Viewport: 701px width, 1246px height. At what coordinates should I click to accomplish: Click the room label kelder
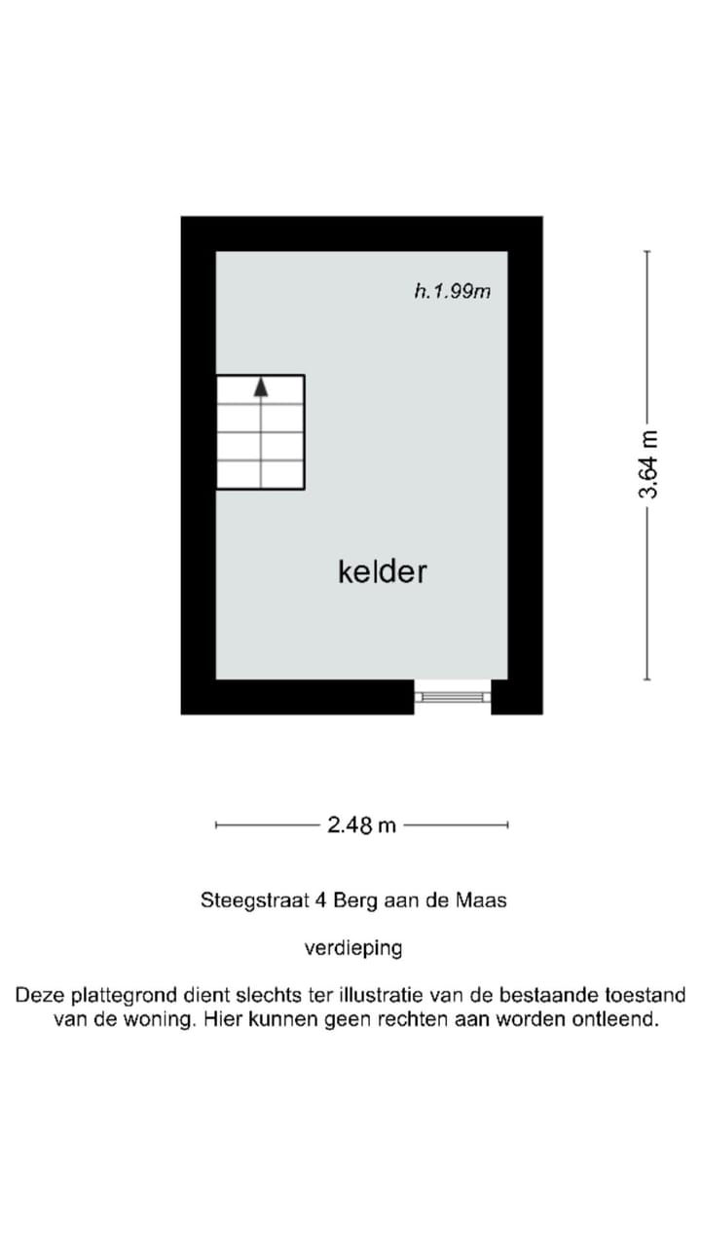382,571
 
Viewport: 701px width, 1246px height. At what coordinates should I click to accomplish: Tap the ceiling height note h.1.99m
452,290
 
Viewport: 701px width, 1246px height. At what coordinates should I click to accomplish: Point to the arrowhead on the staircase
260,386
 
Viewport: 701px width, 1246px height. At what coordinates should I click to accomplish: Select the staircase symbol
260,431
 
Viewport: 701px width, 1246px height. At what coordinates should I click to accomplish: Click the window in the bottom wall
452,696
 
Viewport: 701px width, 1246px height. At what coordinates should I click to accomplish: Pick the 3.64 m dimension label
647,464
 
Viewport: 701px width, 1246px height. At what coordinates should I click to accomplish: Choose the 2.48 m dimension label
362,825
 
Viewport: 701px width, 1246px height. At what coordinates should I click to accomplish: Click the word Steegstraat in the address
255,900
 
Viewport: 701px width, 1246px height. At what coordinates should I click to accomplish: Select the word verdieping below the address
353,947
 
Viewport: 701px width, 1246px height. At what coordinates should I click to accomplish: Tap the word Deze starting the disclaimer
36,996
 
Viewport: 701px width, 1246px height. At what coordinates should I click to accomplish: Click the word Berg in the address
355,900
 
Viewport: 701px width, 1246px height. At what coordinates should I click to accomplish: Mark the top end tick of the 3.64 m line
646,251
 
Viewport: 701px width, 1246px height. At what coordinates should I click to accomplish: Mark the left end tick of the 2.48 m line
216,825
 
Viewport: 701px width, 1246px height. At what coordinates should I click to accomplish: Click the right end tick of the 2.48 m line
507,825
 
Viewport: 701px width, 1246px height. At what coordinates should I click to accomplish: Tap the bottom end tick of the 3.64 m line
646,679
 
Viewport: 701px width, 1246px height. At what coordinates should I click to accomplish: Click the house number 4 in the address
321,900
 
